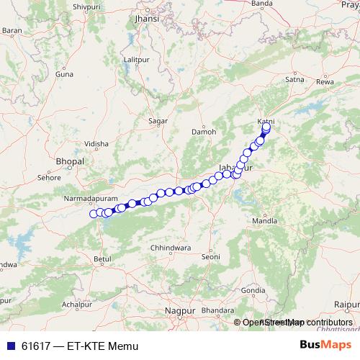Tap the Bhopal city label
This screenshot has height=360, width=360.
click(71, 162)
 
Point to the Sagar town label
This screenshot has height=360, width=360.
click(157, 121)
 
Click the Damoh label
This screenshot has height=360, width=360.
click(204, 132)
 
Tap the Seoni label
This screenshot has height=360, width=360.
click(210, 256)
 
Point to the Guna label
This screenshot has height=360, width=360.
click(65, 73)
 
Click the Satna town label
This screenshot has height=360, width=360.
click(295, 80)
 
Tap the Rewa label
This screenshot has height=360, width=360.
click(325, 82)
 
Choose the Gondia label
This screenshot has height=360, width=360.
click(249, 290)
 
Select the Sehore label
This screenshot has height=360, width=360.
click(48, 176)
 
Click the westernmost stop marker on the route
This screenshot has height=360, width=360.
click(93, 213)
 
